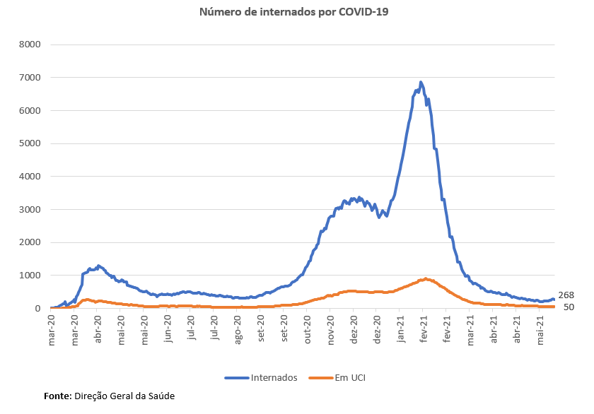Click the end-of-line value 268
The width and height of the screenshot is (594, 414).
pos(566,295)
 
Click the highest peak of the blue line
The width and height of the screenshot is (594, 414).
pos(421,83)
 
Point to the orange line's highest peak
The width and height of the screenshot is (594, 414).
pos(425,278)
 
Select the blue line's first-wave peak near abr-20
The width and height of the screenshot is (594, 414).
pos(98,266)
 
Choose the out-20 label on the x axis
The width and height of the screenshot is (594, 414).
pos(308,328)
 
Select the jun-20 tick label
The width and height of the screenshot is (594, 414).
pos(168,328)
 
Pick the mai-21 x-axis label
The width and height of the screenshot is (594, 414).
pos(541,328)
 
